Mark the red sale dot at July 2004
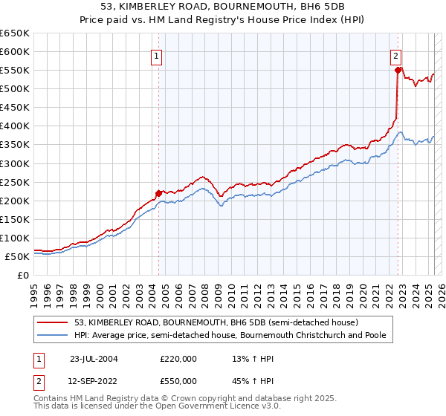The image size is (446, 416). pos(158,193)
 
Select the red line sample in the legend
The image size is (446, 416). pos(54,322)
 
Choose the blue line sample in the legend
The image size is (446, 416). pos(54,336)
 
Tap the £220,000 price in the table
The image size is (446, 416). pos(178,359)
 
